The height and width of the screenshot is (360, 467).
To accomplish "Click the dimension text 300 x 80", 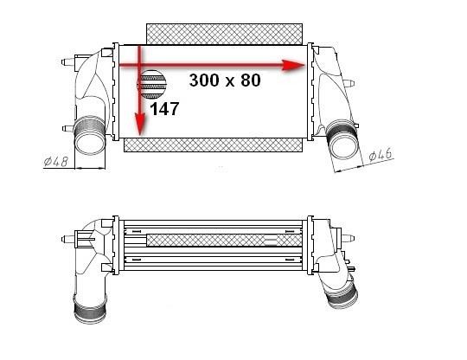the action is [x=225, y=80].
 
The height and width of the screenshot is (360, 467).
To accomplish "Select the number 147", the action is [x=164, y=109].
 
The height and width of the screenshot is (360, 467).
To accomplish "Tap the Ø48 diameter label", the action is [x=55, y=161].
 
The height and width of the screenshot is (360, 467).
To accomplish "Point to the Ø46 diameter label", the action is [x=381, y=154].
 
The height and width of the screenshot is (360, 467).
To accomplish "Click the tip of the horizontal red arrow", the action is [x=305, y=65].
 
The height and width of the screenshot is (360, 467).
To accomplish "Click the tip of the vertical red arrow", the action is [x=140, y=135].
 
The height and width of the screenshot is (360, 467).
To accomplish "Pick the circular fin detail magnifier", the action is [x=151, y=85].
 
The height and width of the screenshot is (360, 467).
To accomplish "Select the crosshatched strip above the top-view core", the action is [x=224, y=35].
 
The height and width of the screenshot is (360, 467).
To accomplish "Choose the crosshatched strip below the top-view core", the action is [x=213, y=145].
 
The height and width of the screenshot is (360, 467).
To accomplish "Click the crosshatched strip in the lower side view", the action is [x=224, y=241].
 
